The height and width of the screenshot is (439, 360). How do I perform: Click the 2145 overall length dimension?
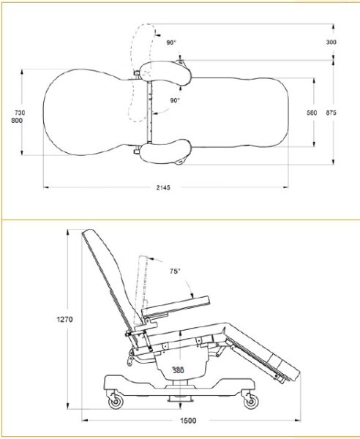163,188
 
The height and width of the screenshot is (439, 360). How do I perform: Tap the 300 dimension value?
331,42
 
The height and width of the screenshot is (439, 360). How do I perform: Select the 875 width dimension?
331,113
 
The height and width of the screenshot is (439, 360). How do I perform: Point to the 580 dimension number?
312,113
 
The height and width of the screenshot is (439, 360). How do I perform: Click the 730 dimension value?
20,113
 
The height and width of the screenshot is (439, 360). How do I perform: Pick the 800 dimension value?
17,121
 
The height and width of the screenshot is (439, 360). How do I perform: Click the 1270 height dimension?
65,320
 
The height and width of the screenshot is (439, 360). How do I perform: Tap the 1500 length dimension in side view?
188,421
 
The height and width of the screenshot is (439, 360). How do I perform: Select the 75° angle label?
175,271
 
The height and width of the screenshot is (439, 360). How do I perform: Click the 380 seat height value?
178,370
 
